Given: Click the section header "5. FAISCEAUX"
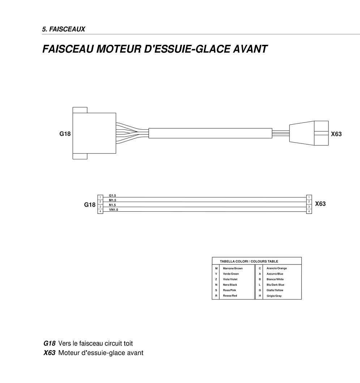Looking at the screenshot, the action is tap(64, 29).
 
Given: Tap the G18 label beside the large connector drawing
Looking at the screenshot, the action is tap(65, 134).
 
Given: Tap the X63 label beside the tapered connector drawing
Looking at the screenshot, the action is tap(336, 134).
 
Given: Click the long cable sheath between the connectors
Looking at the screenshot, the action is tap(210, 133).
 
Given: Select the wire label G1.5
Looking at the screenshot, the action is tap(112, 195).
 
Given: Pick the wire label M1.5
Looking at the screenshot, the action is tap(112, 200).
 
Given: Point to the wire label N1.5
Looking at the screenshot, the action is tap(112, 205).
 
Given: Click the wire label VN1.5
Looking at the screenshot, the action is tap(113, 210).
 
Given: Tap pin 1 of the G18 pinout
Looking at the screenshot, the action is tap(100, 197).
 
